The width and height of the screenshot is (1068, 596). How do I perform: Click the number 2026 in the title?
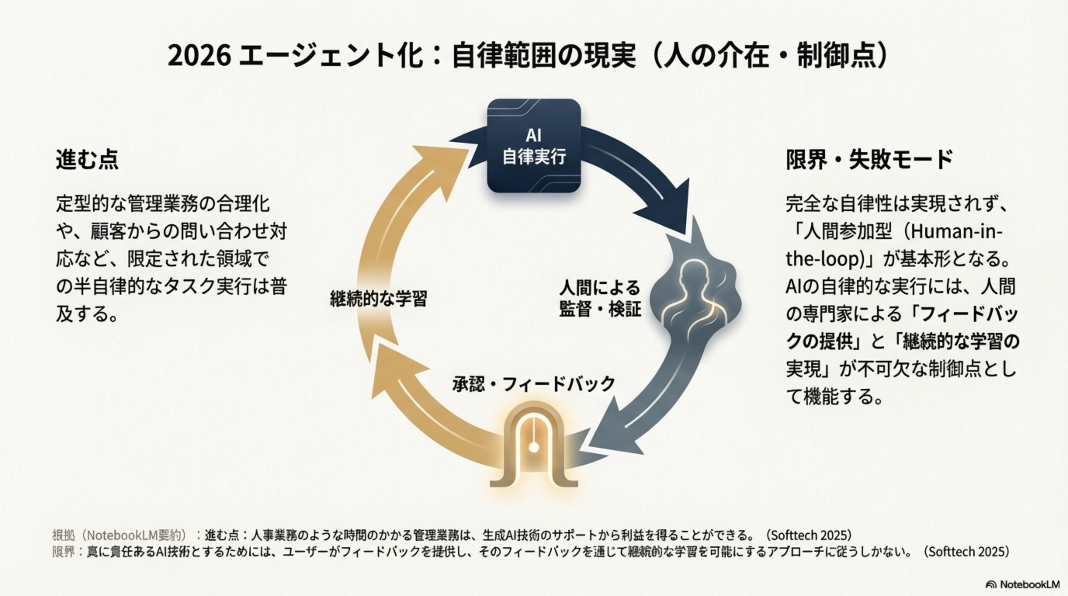[x=199, y=56]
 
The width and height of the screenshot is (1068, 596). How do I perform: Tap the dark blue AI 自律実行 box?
[x=534, y=146]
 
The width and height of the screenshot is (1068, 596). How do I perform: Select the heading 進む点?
[x=87, y=159]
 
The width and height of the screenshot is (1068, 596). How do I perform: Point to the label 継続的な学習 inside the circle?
[x=378, y=298]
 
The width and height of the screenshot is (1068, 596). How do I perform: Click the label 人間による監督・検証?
[x=600, y=298]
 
